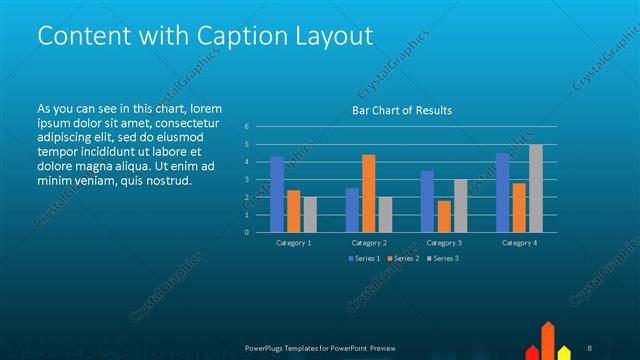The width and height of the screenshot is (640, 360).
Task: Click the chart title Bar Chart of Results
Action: click(x=402, y=110)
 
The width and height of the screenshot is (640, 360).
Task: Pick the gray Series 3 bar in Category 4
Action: click(x=535, y=188)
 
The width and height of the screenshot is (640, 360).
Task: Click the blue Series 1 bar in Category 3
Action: click(x=427, y=201)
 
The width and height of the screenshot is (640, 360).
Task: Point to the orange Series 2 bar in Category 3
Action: click(x=444, y=216)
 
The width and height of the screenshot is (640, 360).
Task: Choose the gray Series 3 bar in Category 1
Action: click(x=310, y=214)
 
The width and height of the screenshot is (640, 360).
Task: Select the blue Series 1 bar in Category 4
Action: click(x=503, y=192)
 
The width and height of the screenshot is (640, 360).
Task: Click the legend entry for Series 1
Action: click(x=365, y=259)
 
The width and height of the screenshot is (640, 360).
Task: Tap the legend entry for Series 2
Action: click(x=402, y=259)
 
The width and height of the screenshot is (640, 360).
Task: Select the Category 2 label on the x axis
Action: click(x=368, y=243)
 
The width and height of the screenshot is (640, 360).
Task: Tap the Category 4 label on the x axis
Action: click(x=518, y=243)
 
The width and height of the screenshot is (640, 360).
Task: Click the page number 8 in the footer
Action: click(x=590, y=347)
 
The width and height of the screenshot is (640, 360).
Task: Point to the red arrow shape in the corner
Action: click(x=548, y=340)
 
